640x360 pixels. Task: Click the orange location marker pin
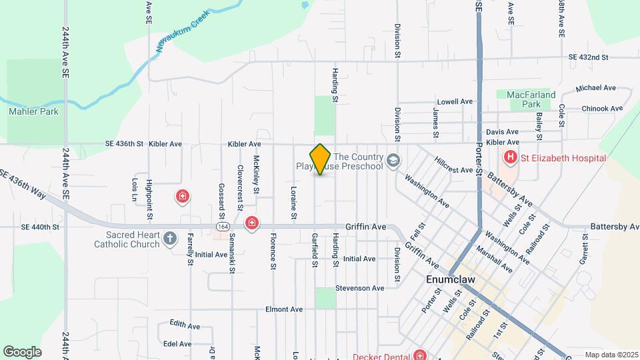pos(321,159)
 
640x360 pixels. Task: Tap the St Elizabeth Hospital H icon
pos(510,158)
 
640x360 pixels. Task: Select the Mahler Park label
pos(33,111)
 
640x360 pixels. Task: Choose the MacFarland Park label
pos(531,99)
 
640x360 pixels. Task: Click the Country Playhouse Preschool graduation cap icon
pos(393,161)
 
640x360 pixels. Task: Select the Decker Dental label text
pos(381,355)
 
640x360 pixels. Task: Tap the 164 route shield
pos(220,227)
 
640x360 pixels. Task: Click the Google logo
pos(22,351)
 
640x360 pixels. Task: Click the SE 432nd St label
pos(589,58)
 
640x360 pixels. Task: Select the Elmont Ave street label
pos(284,309)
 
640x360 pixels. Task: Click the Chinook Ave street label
pos(602,108)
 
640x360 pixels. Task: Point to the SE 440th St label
pos(41,227)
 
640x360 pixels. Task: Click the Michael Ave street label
pos(596,88)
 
